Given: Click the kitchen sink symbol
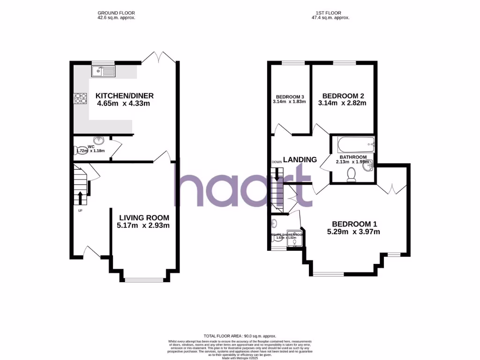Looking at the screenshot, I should (x=104, y=71).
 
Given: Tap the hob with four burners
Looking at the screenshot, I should (x=80, y=98).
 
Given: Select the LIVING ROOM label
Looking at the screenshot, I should (x=144, y=217).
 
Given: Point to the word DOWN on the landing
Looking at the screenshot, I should (x=277, y=162).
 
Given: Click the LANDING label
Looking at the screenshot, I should (x=300, y=159).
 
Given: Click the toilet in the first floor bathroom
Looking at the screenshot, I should (x=351, y=175).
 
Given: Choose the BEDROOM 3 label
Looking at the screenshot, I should (x=289, y=97).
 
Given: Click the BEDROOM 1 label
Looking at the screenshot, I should (x=354, y=224).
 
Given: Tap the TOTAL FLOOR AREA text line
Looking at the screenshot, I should (x=240, y=336).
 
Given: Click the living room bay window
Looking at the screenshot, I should (x=144, y=280).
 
